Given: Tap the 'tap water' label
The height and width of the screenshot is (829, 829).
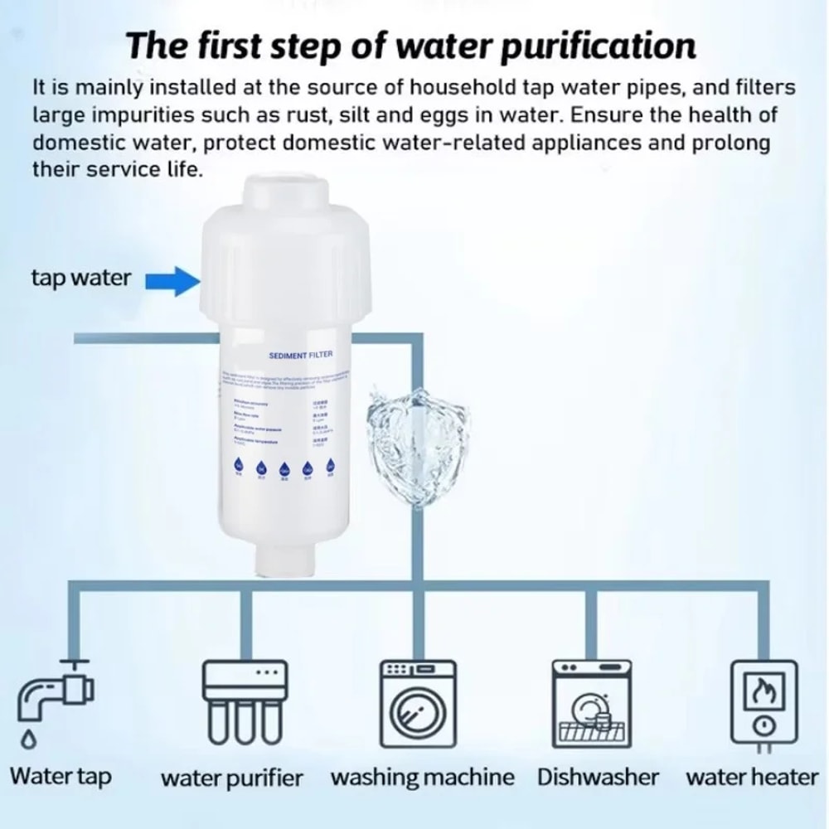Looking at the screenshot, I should tap(80, 278).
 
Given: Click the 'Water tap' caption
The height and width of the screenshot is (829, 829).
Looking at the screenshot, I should tap(61, 777).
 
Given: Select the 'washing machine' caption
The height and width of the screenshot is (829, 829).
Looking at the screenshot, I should tap(422, 778).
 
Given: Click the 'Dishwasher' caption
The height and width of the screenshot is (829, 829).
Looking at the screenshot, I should tap(598, 777).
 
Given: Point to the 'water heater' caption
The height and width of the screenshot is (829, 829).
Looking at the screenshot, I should tap(751, 777).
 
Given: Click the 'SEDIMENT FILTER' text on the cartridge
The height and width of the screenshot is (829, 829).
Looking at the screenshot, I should tap(301, 355).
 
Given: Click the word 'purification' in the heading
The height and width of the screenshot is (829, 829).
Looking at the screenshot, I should tap(579, 46).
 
